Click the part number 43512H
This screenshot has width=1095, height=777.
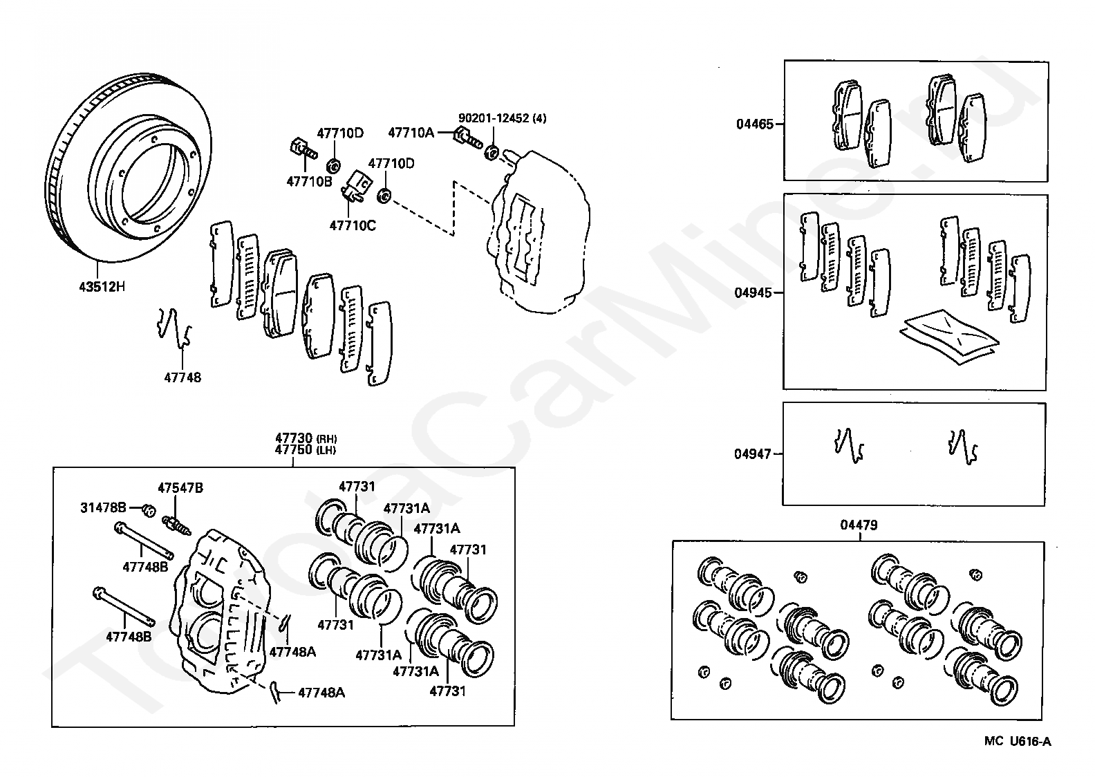tap(102, 285)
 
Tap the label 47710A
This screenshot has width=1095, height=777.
tap(411, 132)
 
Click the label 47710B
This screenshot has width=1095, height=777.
tap(309, 181)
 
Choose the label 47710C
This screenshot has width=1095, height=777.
tap(353, 225)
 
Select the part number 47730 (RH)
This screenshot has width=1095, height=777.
tap(306, 438)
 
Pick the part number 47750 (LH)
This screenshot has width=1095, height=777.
tap(306, 449)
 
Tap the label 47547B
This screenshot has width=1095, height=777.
tap(180, 488)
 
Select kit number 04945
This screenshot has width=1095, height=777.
tap(753, 293)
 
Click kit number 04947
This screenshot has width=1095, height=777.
tap(752, 454)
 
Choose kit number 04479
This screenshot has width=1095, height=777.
tap(859, 525)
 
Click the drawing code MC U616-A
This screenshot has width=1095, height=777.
tap(1018, 742)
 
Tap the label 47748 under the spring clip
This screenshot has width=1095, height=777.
tap(182, 377)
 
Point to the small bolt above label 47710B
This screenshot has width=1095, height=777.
tap(301, 148)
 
